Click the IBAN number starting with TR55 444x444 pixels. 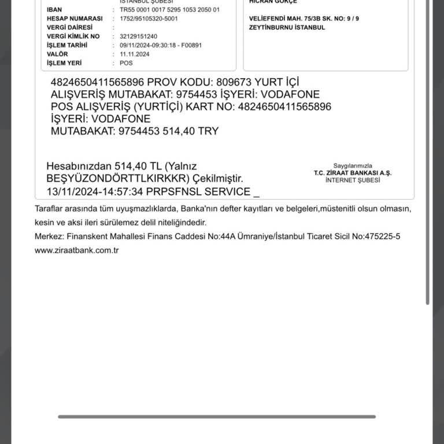(169, 10)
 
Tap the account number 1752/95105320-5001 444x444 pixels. (149, 18)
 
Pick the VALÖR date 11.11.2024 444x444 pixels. (135, 54)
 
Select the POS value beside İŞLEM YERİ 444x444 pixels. (126, 63)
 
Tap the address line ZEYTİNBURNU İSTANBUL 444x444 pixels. (287, 27)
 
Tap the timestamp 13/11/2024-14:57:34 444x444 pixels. (95, 191)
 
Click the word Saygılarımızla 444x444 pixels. (353, 165)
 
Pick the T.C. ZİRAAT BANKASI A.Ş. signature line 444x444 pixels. (353, 173)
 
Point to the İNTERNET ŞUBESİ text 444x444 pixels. (353, 180)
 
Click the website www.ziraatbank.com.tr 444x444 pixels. (76, 250)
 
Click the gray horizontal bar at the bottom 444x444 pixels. (217, 416)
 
